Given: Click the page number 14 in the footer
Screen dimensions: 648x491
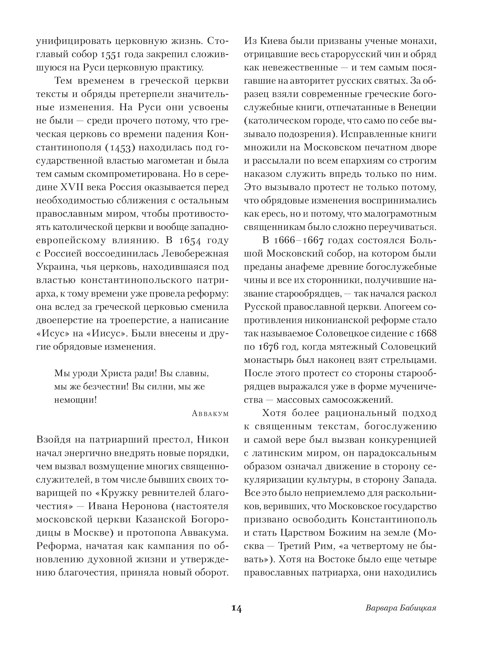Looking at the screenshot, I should [x=236, y=608].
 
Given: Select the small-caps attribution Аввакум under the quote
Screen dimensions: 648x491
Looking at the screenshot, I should [x=210, y=413].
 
